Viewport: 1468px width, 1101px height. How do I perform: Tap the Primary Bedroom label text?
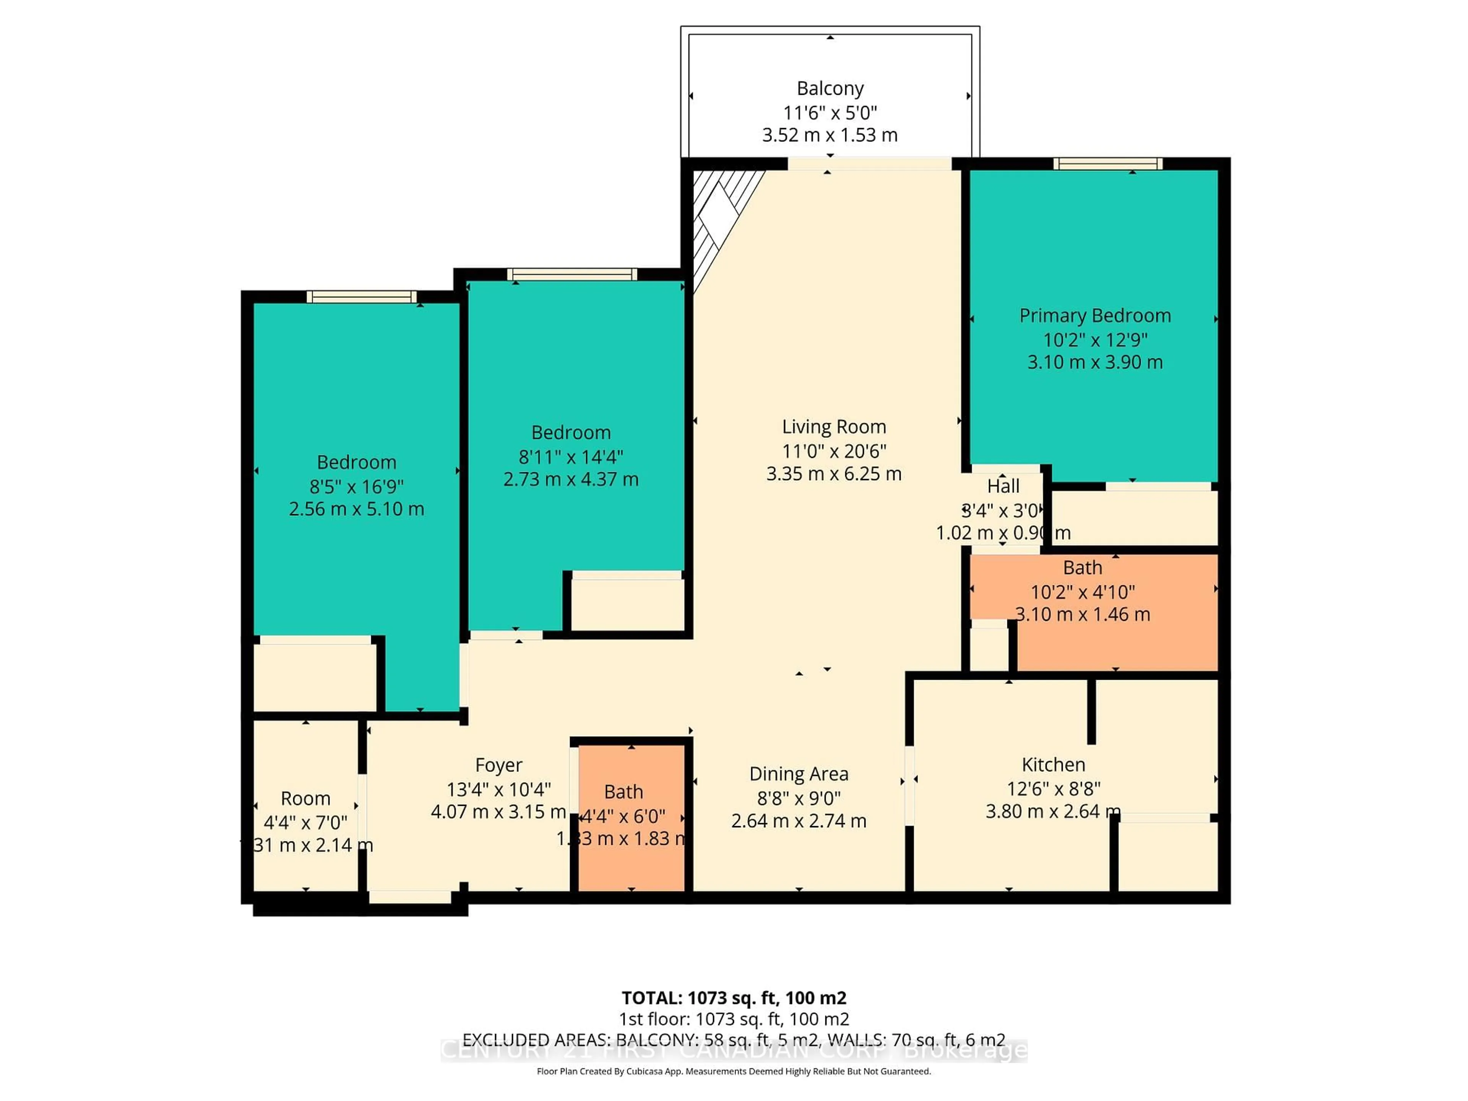point(1095,315)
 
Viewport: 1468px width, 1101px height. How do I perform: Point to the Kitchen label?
point(1053,765)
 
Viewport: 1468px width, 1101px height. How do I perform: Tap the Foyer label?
point(499,765)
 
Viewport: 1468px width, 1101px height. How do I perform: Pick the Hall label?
point(1003,486)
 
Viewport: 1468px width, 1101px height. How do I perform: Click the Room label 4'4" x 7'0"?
point(305,798)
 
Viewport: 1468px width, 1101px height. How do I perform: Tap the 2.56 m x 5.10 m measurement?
point(356,509)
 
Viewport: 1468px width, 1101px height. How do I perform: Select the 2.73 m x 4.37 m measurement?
point(571,479)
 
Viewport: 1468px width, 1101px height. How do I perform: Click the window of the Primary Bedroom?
point(1107,164)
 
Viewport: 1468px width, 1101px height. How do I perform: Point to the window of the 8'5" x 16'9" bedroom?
point(362,297)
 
